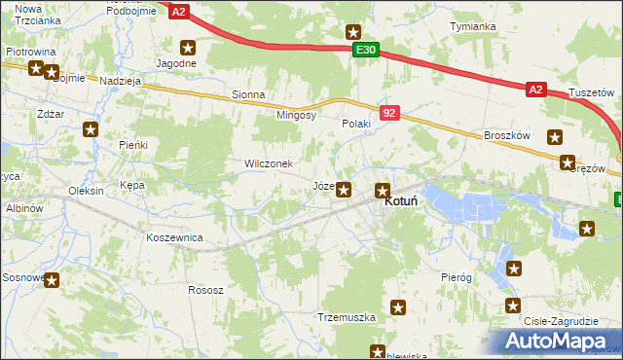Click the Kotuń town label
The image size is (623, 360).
click(x=402, y=200)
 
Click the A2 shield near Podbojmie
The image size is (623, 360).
click(x=177, y=12)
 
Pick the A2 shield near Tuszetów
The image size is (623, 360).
click(x=536, y=90)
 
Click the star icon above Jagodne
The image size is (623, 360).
click(x=189, y=46)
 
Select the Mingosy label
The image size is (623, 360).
click(x=297, y=115)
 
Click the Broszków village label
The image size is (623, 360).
click(x=506, y=136)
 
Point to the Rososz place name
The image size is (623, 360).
click(x=206, y=290)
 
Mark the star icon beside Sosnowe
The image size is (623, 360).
click(x=52, y=280)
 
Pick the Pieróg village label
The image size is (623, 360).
click(x=456, y=277)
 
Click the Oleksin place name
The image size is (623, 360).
click(x=86, y=191)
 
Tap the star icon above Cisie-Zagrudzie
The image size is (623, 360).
click(x=514, y=269)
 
